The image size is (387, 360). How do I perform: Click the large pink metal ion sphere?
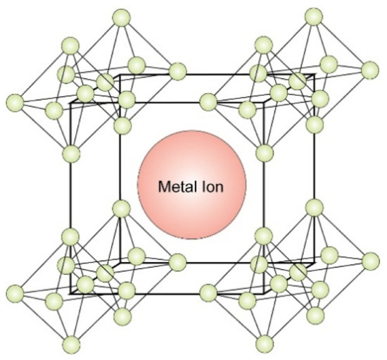[x=192, y=185]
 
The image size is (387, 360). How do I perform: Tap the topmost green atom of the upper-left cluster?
[x=121, y=18]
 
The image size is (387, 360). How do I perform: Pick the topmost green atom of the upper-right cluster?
[x=314, y=16]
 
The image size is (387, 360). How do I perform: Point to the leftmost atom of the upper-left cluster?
[x=15, y=103]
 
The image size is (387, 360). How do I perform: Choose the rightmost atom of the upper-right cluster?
[x=370, y=70]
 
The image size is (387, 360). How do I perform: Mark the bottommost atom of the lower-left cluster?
[x=71, y=345]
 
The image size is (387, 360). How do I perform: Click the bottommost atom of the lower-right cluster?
[x=265, y=344]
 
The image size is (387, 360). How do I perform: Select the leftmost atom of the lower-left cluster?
[x=15, y=293]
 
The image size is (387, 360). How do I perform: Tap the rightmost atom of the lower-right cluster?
[x=370, y=261]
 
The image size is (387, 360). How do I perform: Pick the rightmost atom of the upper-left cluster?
[x=177, y=71]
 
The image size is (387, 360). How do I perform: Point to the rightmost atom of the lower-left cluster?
[x=177, y=262]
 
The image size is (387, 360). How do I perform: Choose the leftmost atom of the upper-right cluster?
[x=208, y=102]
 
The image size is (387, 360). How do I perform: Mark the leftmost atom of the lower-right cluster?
[x=208, y=293]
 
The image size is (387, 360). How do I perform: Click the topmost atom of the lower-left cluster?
[x=121, y=209]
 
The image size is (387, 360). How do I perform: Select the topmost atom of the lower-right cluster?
[x=315, y=208]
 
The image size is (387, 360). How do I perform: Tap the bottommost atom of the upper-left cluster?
[x=71, y=154]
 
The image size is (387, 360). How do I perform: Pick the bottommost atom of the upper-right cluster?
[x=265, y=153]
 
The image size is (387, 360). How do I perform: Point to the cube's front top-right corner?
[x=264, y=103]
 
